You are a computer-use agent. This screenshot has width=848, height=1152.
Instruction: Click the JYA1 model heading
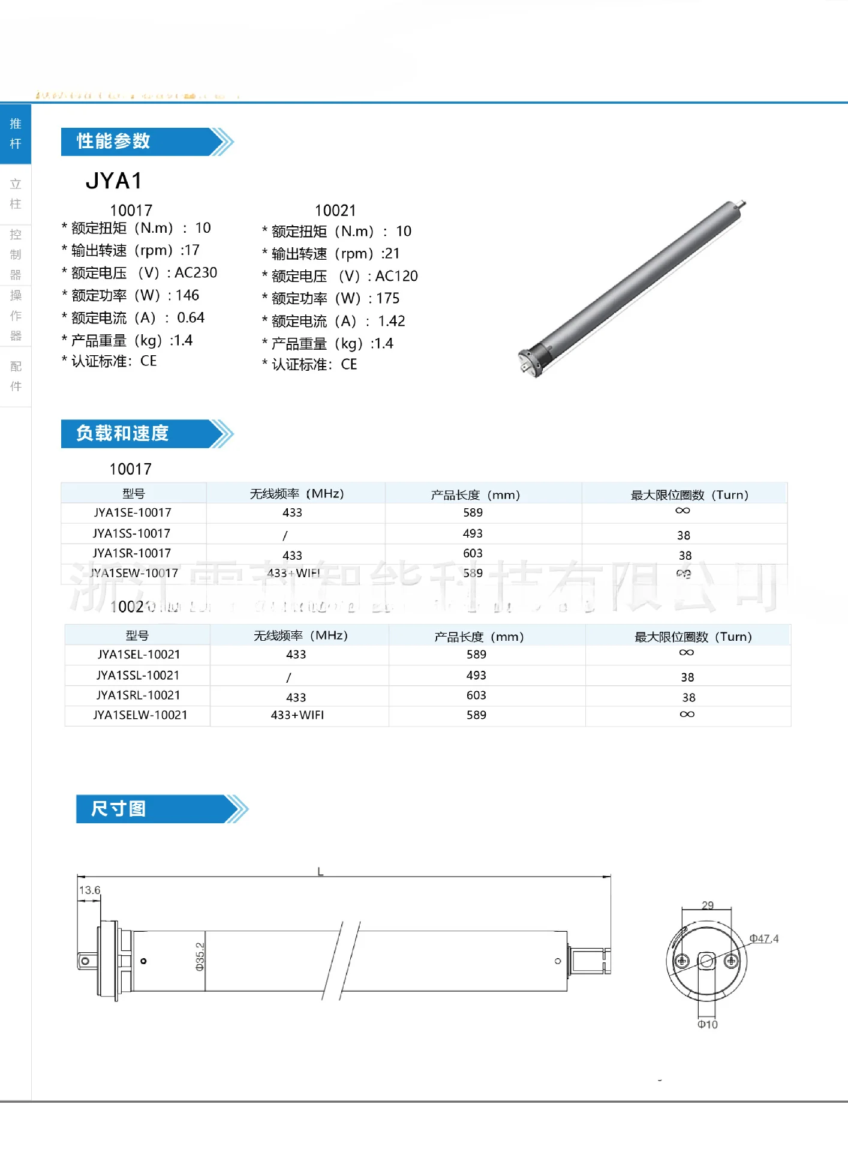[x=113, y=181]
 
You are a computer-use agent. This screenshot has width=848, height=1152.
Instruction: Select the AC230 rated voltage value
[x=196, y=272]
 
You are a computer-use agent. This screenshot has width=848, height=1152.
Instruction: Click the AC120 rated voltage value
[x=396, y=276]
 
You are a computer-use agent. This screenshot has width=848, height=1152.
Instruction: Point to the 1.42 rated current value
[x=391, y=321]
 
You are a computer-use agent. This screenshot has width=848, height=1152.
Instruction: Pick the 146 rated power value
[x=187, y=295]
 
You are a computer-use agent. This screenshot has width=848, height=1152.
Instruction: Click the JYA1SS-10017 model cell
[x=131, y=533]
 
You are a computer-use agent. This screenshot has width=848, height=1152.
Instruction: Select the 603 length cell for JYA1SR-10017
[x=473, y=553]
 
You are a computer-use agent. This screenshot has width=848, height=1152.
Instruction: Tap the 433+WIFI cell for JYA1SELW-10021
[x=297, y=715]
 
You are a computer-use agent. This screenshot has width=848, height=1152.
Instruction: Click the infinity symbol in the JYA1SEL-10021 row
[x=687, y=652]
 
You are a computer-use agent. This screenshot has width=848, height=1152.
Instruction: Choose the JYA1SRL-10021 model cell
[x=138, y=695]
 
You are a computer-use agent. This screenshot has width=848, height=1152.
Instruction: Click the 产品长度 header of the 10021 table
[x=479, y=637]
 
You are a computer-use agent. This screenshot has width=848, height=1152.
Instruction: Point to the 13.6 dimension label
[x=89, y=890]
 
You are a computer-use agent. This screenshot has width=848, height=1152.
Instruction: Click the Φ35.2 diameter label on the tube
[x=200, y=956]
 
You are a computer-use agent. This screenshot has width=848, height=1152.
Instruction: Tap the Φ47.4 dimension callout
[x=763, y=938]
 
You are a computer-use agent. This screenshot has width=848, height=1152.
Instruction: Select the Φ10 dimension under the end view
[x=707, y=1024]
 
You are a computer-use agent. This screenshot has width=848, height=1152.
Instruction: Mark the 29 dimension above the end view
[x=708, y=905]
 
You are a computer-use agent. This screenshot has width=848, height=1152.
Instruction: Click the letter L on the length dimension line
[x=320, y=871]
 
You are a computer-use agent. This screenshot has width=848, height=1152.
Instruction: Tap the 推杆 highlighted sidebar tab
[x=16, y=134]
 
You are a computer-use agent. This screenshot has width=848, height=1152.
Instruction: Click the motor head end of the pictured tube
[x=531, y=361]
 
